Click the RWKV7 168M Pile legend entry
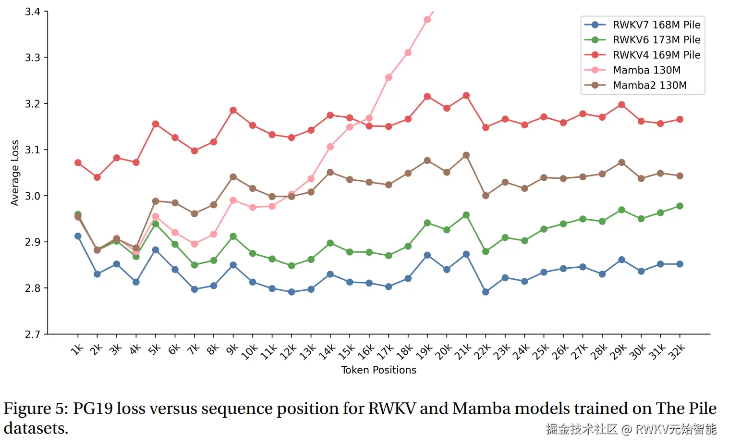(x=656, y=25)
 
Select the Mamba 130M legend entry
(x=646, y=70)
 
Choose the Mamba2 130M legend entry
(x=649, y=85)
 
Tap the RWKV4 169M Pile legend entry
(x=656, y=55)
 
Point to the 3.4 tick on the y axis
(x=33, y=12)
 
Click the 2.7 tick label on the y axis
(x=33, y=334)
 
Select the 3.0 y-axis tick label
(x=33, y=196)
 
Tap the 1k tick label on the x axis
(x=77, y=349)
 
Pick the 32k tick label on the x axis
(x=677, y=352)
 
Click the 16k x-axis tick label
(x=366, y=352)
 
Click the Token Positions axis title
(x=378, y=370)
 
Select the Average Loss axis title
(x=15, y=173)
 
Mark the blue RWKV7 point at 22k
(x=486, y=292)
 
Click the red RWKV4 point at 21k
(x=466, y=96)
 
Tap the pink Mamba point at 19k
(x=427, y=20)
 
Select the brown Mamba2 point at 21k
(x=466, y=155)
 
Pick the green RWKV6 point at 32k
(x=680, y=206)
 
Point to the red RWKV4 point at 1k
(x=78, y=163)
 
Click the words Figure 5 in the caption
(x=36, y=409)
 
